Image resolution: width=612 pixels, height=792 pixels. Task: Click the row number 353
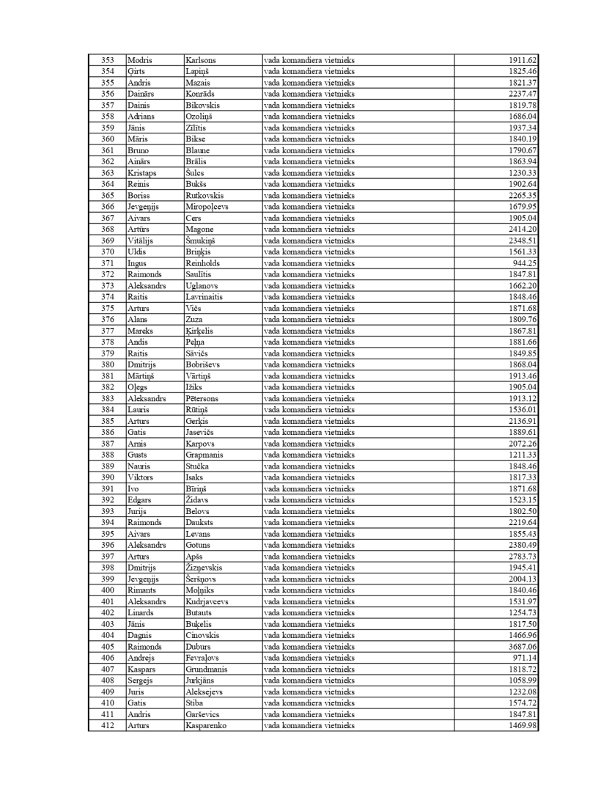click(x=107, y=60)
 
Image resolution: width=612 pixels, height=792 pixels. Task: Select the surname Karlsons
click(x=201, y=60)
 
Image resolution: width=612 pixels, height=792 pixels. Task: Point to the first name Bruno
click(x=138, y=150)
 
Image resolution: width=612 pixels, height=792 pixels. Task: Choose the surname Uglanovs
click(x=202, y=286)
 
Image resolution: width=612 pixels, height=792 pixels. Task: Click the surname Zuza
click(x=194, y=320)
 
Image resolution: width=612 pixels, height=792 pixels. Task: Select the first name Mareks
click(x=140, y=331)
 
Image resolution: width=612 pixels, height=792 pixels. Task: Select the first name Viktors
click(x=140, y=477)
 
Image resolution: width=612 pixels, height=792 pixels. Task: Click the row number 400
click(x=107, y=590)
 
